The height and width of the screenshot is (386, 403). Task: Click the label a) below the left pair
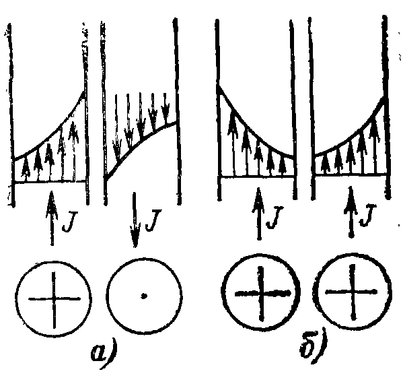pos(104,354)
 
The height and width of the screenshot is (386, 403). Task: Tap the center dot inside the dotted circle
pos(144,296)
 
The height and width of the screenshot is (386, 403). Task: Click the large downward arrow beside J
pos(135,220)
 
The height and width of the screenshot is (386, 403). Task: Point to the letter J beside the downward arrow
pos(153,220)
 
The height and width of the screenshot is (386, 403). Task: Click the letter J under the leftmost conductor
pos(69,222)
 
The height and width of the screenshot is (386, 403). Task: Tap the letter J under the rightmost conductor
pos(368,216)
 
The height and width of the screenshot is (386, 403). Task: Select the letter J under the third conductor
pos(275,218)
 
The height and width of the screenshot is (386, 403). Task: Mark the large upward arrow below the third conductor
pos(259,214)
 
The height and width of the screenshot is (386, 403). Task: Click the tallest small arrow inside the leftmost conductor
pos(73,151)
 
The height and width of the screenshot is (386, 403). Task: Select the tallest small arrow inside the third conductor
pos(232,143)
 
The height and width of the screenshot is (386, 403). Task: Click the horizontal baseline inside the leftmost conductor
pos(50,182)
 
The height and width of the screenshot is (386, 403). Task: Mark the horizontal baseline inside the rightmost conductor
pos(351,174)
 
